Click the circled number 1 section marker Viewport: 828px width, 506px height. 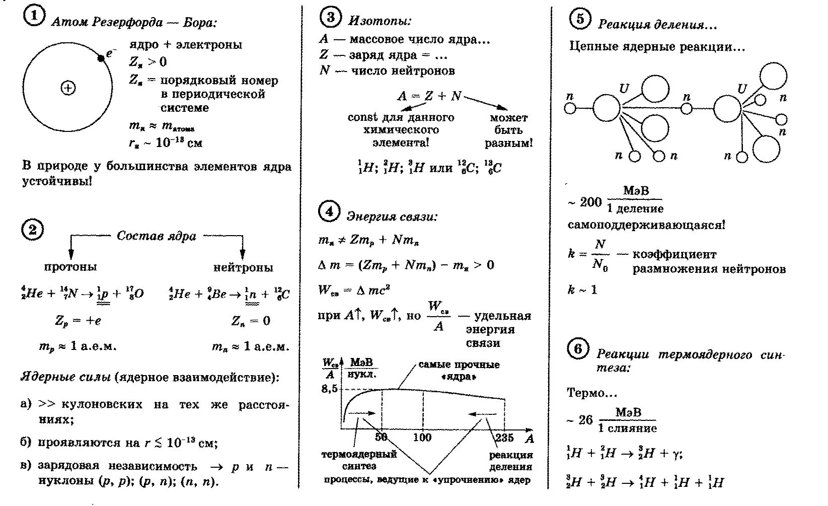(33, 17)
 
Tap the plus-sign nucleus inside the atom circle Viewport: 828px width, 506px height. (67, 88)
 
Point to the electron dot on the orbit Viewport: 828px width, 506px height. (101, 58)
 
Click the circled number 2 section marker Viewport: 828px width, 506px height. (33, 230)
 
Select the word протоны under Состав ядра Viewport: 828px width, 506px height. (70, 267)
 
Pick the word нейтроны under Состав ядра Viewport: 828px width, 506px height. (243, 267)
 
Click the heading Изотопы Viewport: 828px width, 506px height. (380, 21)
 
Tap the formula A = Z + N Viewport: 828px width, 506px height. (429, 96)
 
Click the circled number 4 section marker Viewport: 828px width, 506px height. (329, 212)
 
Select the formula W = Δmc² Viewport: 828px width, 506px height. (354, 290)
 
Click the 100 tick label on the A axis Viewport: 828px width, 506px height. (422, 437)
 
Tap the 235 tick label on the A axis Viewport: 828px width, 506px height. (504, 437)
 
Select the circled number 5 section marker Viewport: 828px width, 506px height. (580, 19)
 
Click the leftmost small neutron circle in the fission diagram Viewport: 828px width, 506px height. (570, 108)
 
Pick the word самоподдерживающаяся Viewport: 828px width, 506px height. (646, 225)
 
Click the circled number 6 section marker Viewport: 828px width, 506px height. (578, 349)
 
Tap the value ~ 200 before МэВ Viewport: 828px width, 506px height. (585, 202)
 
